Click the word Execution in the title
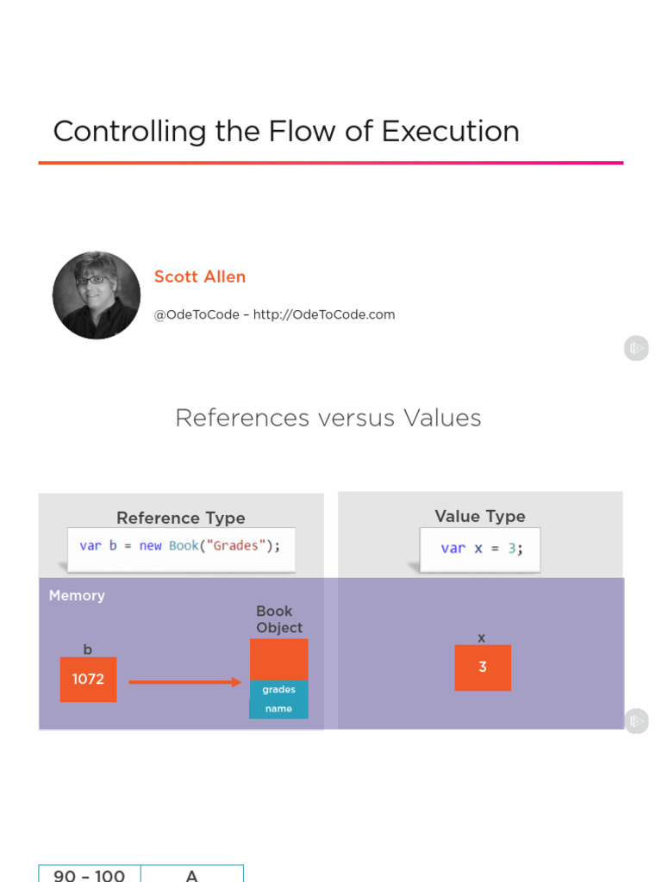tap(450, 132)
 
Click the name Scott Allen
tap(200, 276)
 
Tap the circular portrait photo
tap(97, 295)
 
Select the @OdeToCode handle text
tap(196, 314)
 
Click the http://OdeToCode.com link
tap(324, 314)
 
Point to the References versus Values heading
tap(328, 418)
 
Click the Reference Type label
tap(181, 518)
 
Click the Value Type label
tap(480, 516)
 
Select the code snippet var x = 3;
tap(481, 548)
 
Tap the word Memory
tap(77, 595)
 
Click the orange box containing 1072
tap(88, 680)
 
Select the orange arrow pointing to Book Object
tap(184, 682)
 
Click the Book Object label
tap(278, 619)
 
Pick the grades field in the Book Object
tap(278, 689)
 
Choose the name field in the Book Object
tap(278, 709)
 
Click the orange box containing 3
tap(483, 668)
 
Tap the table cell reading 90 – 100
tap(90, 874)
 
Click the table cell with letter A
tap(192, 874)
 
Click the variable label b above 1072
tap(88, 649)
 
